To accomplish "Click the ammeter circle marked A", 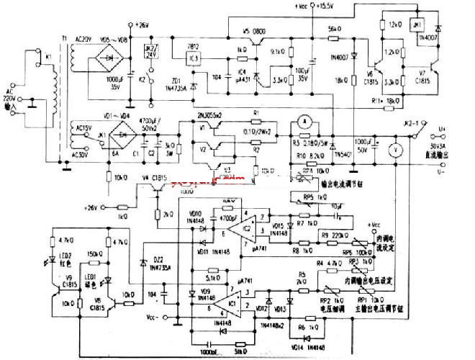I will tap(304, 123).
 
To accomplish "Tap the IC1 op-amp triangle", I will tap(230, 302).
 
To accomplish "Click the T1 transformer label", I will tap(63, 36).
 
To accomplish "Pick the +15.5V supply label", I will tap(317, 6).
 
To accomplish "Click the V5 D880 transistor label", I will tap(255, 31).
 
